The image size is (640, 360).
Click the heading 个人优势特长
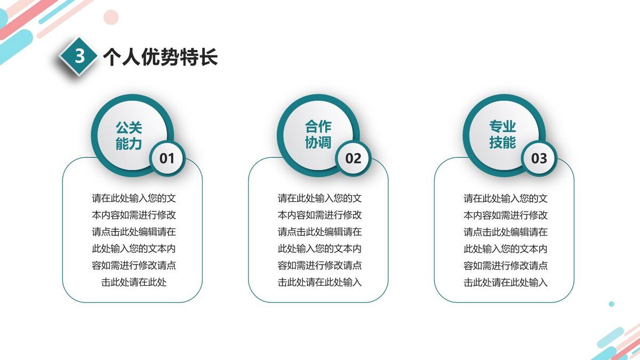160,57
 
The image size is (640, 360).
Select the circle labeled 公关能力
129,135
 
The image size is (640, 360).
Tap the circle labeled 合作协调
318,134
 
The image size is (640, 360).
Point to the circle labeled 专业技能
502,134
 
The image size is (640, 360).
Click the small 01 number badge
167,158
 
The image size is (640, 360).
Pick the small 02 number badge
353,158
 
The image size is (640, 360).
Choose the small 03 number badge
539,158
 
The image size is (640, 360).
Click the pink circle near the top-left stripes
110,17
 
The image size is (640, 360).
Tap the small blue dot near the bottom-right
611,304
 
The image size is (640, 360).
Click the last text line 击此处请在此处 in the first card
134,282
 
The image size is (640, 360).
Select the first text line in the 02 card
319,198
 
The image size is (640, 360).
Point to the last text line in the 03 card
505,282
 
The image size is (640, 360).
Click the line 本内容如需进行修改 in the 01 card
134,215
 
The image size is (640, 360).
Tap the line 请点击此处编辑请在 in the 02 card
319,232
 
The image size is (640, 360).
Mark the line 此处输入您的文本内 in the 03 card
505,249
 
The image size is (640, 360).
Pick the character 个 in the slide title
111,57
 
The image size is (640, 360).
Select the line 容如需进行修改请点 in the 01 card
134,266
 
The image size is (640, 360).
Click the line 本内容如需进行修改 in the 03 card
505,215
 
